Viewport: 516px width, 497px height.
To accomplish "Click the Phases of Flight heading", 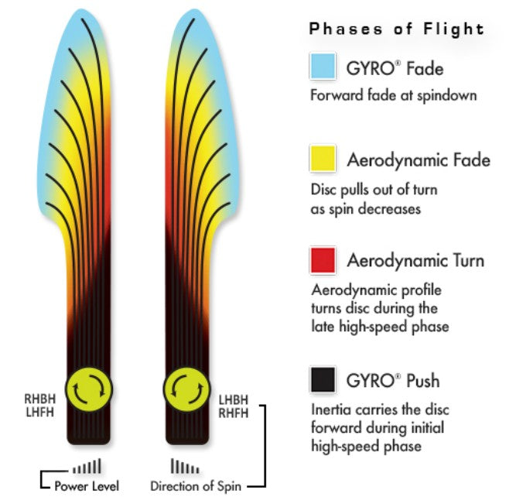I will [x=396, y=29].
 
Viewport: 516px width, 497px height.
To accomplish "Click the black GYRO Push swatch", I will [x=322, y=380].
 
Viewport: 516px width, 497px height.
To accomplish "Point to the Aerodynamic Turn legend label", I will [x=415, y=261].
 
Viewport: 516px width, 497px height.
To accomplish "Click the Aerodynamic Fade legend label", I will [x=419, y=161].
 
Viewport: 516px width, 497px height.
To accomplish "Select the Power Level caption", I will [x=86, y=486].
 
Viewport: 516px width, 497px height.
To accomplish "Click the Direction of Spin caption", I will [x=194, y=486].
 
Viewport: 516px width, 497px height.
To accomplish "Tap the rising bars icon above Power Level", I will [x=86, y=468].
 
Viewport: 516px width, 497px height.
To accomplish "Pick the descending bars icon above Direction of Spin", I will [x=185, y=468].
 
